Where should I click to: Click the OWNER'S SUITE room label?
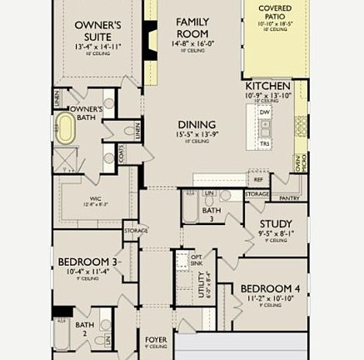pos(97,31)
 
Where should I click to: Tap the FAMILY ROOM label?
pos(192,27)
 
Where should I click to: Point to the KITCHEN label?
pos(268,86)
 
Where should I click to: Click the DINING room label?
pos(196,125)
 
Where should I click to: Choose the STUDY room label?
pos(275,223)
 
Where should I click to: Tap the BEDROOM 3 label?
pos(88,262)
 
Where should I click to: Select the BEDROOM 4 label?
pos(269,289)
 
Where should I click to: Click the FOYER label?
pos(156,340)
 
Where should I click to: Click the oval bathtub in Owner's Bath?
pos(65,128)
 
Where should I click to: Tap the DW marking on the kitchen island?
pos(264,112)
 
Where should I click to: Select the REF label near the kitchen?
pos(258,179)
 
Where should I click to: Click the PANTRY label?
pos(289,198)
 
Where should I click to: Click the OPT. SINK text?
pos(197,260)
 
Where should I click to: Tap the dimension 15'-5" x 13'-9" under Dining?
pos(196,134)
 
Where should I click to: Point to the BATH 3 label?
pos(211,214)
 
